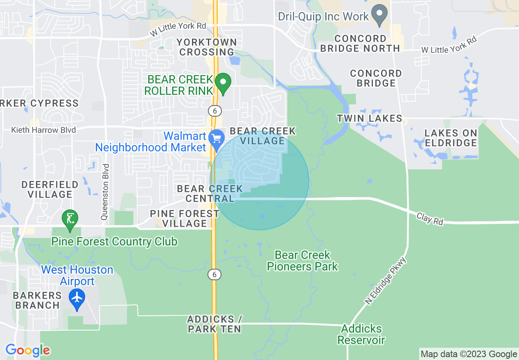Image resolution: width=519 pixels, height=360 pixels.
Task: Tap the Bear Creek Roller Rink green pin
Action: (x=223, y=83)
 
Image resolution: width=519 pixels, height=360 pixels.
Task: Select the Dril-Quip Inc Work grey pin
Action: (x=380, y=15)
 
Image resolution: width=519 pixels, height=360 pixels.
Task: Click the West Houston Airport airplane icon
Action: (x=77, y=297)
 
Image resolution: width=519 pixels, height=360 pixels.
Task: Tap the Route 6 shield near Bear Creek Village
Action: (x=214, y=110)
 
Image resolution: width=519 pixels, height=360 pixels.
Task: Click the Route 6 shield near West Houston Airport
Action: (x=214, y=274)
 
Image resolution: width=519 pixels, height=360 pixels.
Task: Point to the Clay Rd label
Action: (x=430, y=218)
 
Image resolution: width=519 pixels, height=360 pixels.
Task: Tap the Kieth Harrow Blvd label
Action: (x=43, y=130)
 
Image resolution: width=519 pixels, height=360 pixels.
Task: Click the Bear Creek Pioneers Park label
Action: (x=302, y=261)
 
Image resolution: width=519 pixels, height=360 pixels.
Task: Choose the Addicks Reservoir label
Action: (x=361, y=334)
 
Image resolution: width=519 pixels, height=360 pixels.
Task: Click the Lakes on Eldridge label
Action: (x=451, y=138)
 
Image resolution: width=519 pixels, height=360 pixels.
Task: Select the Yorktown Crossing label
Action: (x=207, y=47)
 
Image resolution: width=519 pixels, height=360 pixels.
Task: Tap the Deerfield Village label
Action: (x=50, y=189)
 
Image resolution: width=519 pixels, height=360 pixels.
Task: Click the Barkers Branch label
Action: (x=37, y=300)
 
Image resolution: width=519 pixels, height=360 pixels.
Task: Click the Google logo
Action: (x=28, y=350)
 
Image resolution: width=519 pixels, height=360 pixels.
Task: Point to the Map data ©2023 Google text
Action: (x=469, y=354)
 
